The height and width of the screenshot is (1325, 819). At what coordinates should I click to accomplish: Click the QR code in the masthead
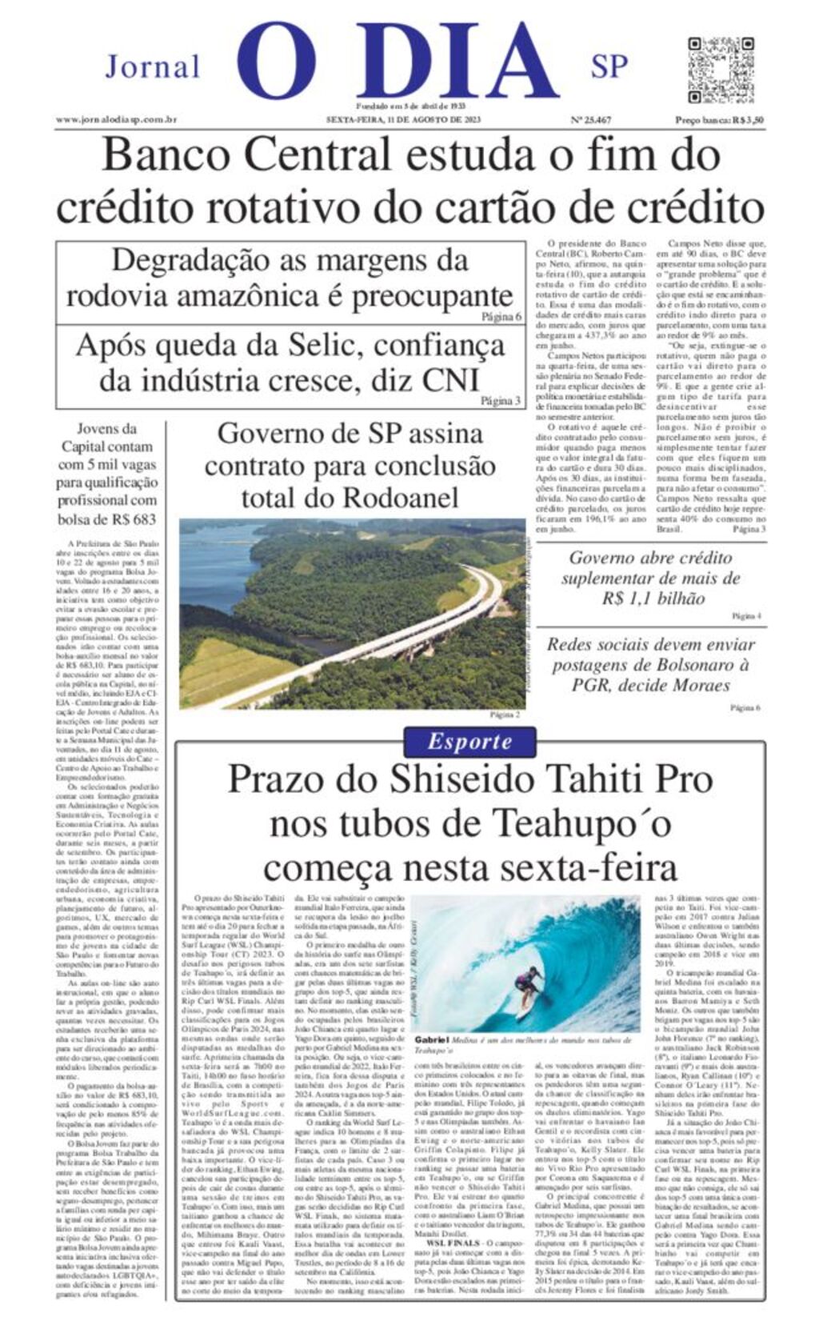point(721,70)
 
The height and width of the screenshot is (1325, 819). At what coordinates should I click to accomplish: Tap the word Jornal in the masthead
point(153,67)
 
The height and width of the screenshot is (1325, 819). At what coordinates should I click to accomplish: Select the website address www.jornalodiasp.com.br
point(116,120)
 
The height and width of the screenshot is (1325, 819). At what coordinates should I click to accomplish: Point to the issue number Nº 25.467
point(590,120)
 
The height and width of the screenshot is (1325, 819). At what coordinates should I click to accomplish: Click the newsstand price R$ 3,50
point(719,120)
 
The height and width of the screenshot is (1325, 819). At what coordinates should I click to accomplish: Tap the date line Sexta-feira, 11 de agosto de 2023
point(403,120)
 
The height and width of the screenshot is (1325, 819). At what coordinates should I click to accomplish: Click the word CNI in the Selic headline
point(450,380)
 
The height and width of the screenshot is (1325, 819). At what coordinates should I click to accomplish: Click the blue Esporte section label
point(469,741)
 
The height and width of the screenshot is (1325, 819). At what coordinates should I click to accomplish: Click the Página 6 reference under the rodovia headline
point(501,317)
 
